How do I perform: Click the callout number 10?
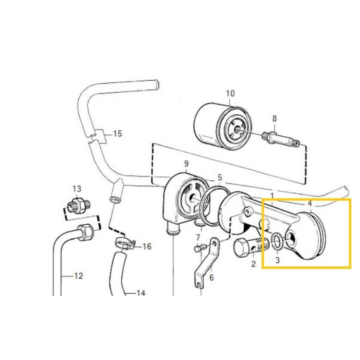click(230, 93)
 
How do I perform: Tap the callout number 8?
click(275, 118)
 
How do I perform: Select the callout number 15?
click(117, 134)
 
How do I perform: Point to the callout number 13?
click(77, 188)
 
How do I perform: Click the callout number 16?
click(147, 247)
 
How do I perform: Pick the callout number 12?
click(78, 276)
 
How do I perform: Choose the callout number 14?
click(140, 293)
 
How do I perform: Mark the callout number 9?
click(186, 164)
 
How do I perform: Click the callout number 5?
click(220, 177)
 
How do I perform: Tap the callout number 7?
click(197, 237)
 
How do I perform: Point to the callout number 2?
click(253, 264)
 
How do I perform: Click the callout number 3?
click(277, 261)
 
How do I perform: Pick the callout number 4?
click(310, 204)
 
